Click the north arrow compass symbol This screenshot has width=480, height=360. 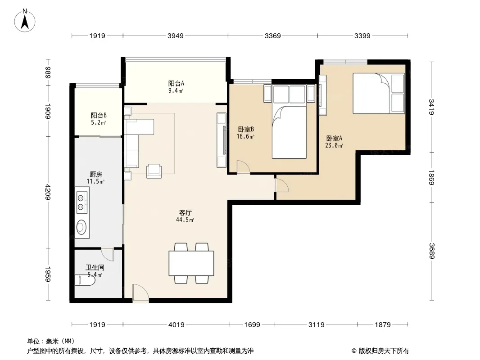pyautogui.click(x=25, y=21)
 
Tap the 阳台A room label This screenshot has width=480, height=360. pyautogui.click(x=176, y=83)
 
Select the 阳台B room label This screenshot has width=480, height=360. pyautogui.click(x=99, y=115)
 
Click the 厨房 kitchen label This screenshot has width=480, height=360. pyautogui.click(x=96, y=174)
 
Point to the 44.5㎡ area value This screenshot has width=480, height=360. pyautogui.click(x=185, y=220)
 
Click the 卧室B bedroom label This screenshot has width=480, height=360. pyautogui.click(x=246, y=130)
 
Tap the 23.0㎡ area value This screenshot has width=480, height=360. pyautogui.click(x=334, y=146)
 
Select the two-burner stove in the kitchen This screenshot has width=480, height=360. pyautogui.click(x=82, y=202)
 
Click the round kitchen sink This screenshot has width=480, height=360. pyautogui.click(x=81, y=227)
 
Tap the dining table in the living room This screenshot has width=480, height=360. pyautogui.click(x=191, y=263)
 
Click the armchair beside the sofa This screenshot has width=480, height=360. pyautogui.click(x=154, y=171)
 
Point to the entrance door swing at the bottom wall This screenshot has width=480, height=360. pyautogui.click(x=140, y=293)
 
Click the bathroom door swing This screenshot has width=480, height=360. pyautogui.click(x=108, y=254)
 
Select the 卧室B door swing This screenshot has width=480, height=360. pyautogui.click(x=244, y=167)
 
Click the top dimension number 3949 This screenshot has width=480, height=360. pyautogui.click(x=176, y=36)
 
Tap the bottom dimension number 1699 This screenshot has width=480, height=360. pyautogui.click(x=252, y=324)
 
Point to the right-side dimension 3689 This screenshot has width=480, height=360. pyautogui.click(x=432, y=251)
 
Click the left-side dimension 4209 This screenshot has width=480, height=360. pyautogui.click(x=48, y=192)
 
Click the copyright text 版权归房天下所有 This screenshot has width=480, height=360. pyautogui.click(x=384, y=351)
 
